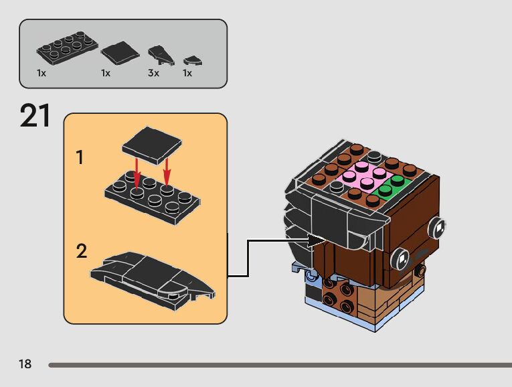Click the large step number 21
[35, 116]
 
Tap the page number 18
[25, 364]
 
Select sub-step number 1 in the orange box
[80, 158]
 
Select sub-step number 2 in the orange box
[81, 252]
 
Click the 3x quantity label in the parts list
[153, 73]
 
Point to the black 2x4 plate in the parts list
[65, 48]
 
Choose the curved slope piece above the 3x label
[159, 54]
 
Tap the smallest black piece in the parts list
[193, 60]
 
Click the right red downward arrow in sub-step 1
[167, 170]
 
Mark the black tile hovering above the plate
[153, 145]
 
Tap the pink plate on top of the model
[362, 177]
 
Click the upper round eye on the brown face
[437, 228]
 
